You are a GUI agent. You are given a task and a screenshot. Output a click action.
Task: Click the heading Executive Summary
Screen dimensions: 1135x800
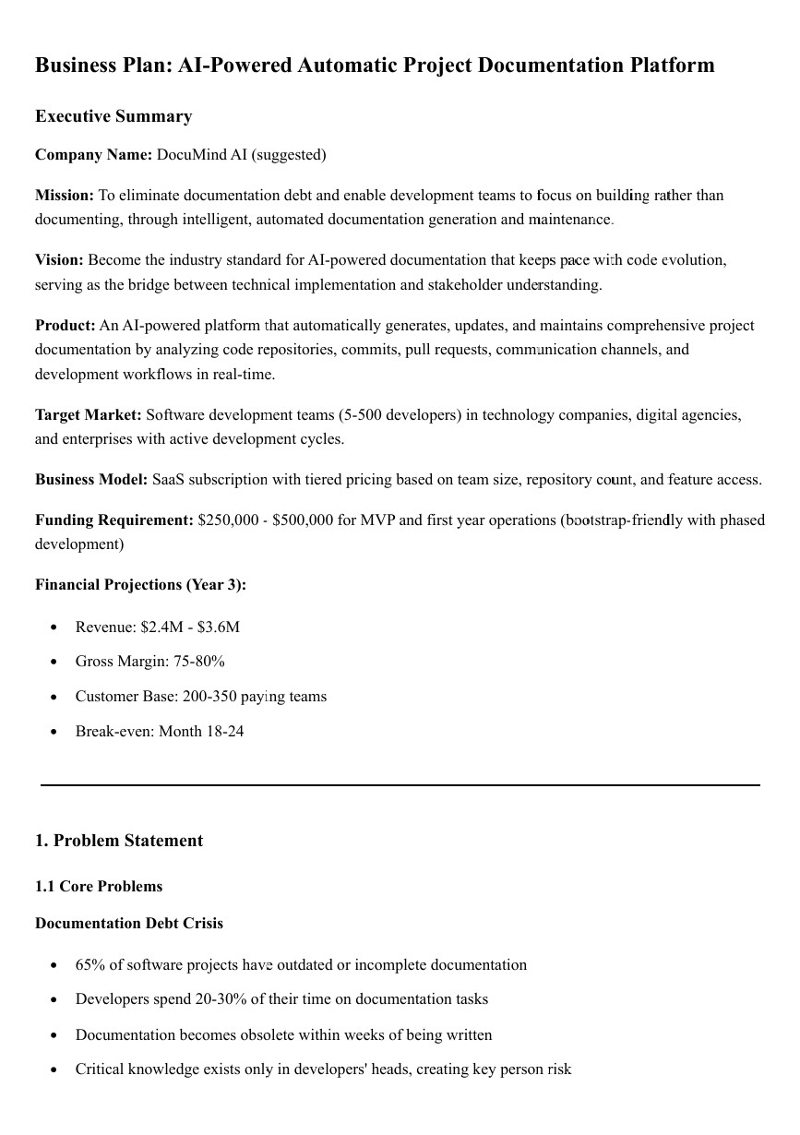point(113,116)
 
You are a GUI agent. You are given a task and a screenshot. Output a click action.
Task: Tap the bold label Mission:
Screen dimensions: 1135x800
point(65,196)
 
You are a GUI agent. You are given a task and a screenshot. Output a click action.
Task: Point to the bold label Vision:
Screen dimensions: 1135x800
point(59,260)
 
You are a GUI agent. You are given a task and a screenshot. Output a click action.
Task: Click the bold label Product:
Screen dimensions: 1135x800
point(66,326)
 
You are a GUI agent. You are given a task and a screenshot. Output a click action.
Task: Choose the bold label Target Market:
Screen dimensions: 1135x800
point(89,415)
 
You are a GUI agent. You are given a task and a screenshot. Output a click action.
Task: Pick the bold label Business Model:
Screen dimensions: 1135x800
point(91,480)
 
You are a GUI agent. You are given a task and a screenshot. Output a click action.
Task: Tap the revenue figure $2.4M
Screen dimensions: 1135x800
point(161,627)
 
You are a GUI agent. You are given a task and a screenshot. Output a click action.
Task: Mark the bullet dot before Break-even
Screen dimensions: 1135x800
point(54,732)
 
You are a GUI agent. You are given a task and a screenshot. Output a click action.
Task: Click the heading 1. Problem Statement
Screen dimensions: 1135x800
point(119,841)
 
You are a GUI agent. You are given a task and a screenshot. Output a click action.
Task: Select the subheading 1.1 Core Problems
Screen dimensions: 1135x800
point(99,887)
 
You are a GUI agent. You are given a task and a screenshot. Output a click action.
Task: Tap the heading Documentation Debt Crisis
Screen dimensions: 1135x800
point(129,924)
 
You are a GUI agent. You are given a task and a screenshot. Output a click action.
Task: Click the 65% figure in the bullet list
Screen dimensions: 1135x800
point(90,965)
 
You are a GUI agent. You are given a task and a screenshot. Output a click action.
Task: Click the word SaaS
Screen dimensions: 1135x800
point(169,480)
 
